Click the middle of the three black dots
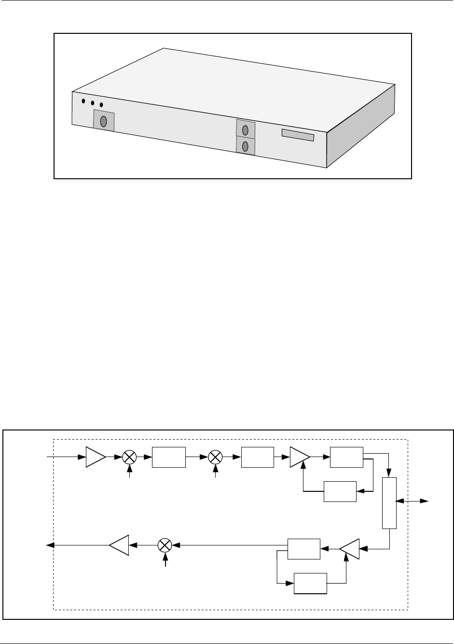(x=92, y=103)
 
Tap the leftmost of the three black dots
(x=83, y=101)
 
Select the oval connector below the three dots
(x=103, y=121)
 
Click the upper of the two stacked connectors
(x=245, y=129)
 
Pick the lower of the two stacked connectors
(x=245, y=146)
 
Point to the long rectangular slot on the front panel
(x=298, y=135)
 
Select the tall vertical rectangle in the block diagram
(x=389, y=503)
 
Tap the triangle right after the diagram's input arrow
(x=95, y=457)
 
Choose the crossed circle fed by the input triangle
(x=129, y=457)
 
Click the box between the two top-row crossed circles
(x=169, y=457)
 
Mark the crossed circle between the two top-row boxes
(x=215, y=457)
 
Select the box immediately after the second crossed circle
(x=258, y=457)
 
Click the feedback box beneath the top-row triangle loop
(x=340, y=491)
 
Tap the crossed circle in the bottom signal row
(x=165, y=545)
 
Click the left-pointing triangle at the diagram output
(x=120, y=545)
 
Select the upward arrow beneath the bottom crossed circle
(x=165, y=561)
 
